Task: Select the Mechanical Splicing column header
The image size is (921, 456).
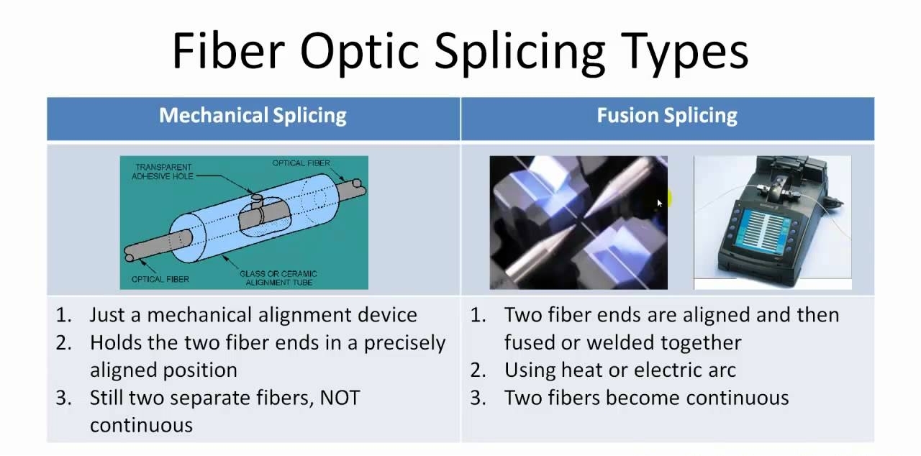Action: [253, 116]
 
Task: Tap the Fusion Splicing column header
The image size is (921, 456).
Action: [667, 116]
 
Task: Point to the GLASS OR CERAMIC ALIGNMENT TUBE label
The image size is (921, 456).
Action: [278, 278]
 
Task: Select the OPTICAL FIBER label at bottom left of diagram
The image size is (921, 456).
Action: [160, 279]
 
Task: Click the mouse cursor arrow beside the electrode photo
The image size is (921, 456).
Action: [660, 204]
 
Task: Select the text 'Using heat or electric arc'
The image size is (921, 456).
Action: [620, 370]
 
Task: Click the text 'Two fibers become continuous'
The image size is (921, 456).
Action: [646, 398]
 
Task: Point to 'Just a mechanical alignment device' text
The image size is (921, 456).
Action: [253, 315]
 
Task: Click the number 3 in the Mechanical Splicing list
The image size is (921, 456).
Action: [63, 398]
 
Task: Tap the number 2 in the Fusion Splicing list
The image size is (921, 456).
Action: [478, 370]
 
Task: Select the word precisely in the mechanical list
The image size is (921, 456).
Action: [404, 342]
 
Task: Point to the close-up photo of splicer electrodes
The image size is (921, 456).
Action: [578, 222]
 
